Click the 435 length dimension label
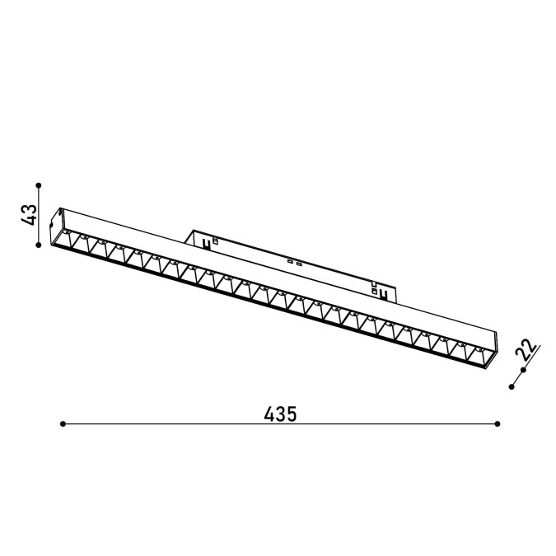pos(280,413)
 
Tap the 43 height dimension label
pos(29,214)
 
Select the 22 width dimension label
pos(526,349)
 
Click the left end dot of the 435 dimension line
pos(63,423)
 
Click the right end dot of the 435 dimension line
pos(498,423)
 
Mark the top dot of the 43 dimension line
pos(39,185)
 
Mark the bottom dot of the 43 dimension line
pos(39,245)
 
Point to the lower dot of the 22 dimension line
pos(512,387)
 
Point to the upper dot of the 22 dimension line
pos(523,371)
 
